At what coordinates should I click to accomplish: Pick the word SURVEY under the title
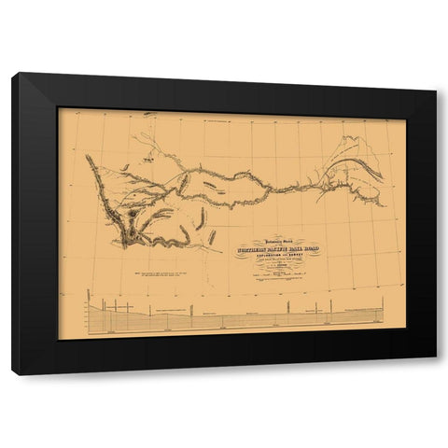pyautogui.click(x=296, y=256)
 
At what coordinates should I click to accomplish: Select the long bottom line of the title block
pyautogui.click(x=277, y=279)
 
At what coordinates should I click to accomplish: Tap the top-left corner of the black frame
pyautogui.click(x=14, y=75)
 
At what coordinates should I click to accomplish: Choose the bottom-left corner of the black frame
pyautogui.click(x=13, y=373)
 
